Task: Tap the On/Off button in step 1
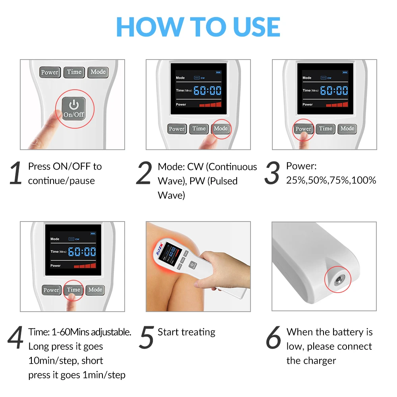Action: point(74,109)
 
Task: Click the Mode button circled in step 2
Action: point(220,129)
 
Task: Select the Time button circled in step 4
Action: point(73,290)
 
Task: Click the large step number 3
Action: point(272,173)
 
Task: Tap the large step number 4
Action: point(16,337)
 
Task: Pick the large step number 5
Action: point(146,337)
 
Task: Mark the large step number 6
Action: point(274,337)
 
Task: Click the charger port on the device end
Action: point(338,280)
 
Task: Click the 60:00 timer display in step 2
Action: point(207,91)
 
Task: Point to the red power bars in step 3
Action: point(337,104)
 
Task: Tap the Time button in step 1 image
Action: point(74,72)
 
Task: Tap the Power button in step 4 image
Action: point(51,290)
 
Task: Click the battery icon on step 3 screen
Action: point(345,72)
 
